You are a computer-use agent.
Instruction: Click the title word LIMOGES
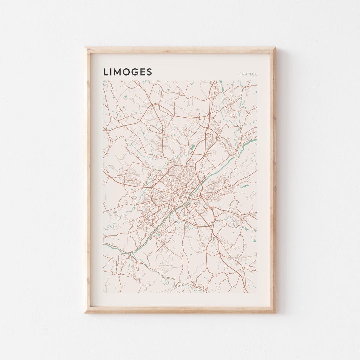point(127,72)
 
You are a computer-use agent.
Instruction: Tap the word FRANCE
point(248,74)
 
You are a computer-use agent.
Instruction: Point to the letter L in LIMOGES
point(105,72)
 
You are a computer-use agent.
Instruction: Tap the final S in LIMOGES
point(149,72)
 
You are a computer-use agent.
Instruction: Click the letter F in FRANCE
point(240,74)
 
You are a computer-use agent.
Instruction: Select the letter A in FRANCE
point(246,74)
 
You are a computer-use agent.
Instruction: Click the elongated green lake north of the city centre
point(192,147)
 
